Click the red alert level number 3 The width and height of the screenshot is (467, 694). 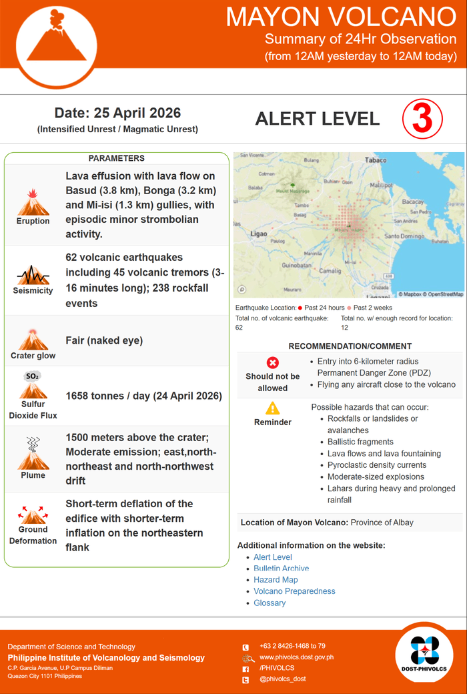click(422, 119)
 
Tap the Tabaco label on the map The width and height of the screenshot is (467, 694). click(376, 160)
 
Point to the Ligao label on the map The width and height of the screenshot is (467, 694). click(258, 234)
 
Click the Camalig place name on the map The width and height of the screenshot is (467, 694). click(330, 271)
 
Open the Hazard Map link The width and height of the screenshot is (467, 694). click(276, 580)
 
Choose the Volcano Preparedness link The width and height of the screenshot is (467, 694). click(294, 591)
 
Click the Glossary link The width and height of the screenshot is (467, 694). click(270, 603)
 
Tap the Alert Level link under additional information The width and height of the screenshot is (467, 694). click(273, 557)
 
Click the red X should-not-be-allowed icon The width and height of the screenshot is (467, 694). click(272, 363)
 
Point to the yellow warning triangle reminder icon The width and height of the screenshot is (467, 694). click(272, 408)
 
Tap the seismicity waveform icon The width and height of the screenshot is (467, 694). click(33, 275)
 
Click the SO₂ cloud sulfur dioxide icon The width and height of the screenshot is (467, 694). click(33, 385)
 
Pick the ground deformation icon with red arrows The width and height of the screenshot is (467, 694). click(33, 515)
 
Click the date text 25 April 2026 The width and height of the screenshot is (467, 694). click(117, 113)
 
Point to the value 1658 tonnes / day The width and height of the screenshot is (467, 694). click(143, 396)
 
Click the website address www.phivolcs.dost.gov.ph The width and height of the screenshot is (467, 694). click(296, 657)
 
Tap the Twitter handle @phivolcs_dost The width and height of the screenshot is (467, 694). click(283, 679)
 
